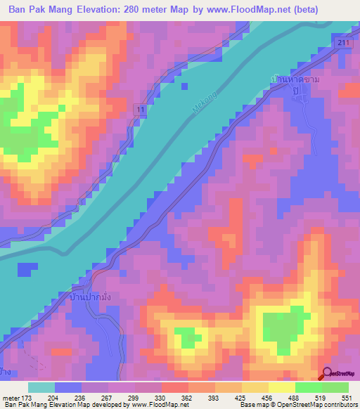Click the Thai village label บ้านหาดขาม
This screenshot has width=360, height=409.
point(298,82)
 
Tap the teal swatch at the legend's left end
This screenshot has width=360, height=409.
point(41,387)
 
